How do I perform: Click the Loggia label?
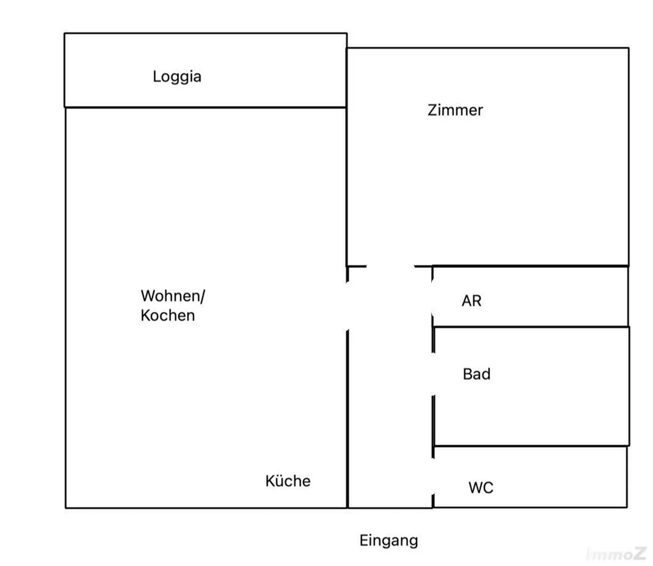click(x=177, y=77)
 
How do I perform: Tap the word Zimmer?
click(x=455, y=110)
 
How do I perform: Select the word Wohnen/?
click(x=173, y=296)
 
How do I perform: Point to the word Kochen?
click(x=168, y=315)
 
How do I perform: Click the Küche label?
click(x=288, y=481)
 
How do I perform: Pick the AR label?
click(x=471, y=301)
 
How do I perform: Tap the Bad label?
click(x=477, y=374)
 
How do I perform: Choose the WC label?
click(x=481, y=488)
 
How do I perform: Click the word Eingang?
click(x=389, y=541)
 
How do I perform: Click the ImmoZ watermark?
click(x=616, y=554)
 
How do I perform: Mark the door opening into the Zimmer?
click(x=390, y=266)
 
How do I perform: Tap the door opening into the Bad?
click(x=433, y=374)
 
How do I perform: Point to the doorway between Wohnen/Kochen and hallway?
click(x=347, y=306)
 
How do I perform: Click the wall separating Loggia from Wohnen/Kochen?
click(x=206, y=108)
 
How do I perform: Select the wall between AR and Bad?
click(x=531, y=327)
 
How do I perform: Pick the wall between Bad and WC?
click(x=531, y=446)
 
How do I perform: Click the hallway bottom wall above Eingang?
click(x=390, y=508)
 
